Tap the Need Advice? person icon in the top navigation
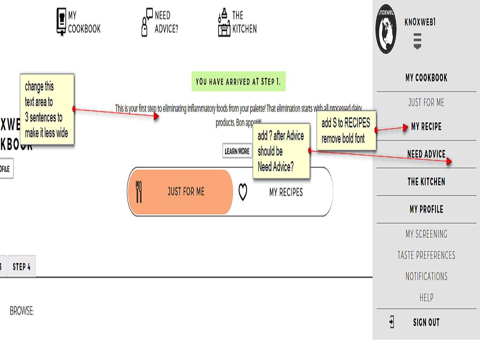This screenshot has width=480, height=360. tap(147, 22)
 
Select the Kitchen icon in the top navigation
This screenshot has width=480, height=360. tap(224, 22)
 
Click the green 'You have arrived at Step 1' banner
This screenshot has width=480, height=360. tap(238, 82)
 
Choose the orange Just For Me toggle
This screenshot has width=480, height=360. tap(180, 192)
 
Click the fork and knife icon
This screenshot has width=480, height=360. tap(138, 192)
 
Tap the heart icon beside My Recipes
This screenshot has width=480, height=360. tap(243, 192)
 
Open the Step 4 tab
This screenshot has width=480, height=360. tap(22, 267)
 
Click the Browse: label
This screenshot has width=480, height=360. tap(22, 311)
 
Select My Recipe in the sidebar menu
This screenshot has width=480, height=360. tap(426, 127)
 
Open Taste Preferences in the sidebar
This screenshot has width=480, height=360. tap(426, 255)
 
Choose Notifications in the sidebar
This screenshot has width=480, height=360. tap(426, 277)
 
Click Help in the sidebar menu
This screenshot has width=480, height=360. tap(426, 298)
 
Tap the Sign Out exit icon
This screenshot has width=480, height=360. tap(392, 322)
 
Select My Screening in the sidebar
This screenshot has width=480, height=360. tap(426, 234)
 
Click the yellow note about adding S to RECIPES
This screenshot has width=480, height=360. tap(346, 131)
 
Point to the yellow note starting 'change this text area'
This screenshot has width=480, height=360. tap(46, 109)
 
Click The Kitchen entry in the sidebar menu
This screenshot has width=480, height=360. tap(426, 181)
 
